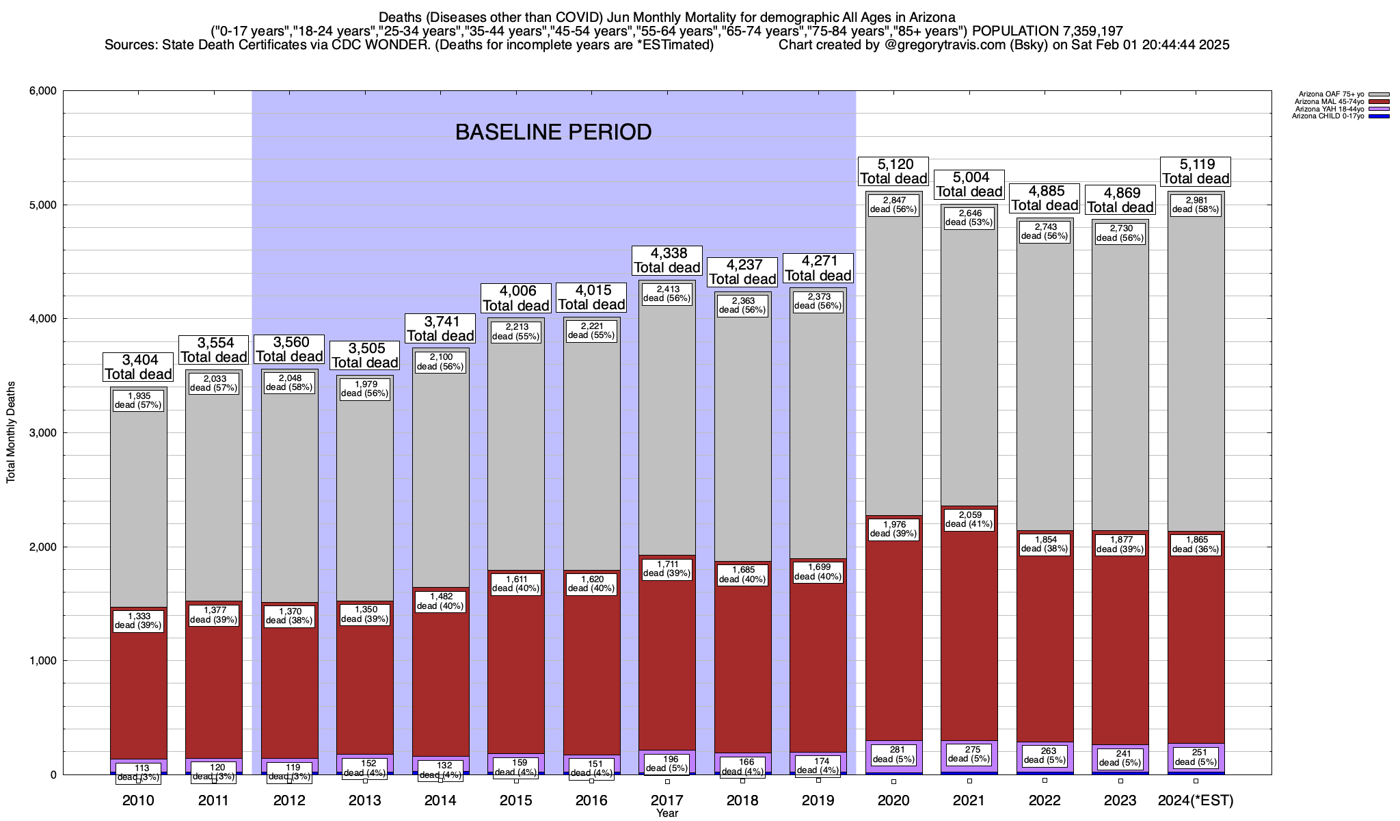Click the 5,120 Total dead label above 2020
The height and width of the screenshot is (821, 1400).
click(x=893, y=171)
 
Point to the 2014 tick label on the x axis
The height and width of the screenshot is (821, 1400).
click(x=440, y=800)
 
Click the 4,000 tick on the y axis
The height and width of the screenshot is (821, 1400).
click(x=41, y=319)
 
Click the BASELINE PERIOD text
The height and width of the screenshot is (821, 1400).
click(x=553, y=132)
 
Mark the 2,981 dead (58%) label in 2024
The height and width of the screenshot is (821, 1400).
click(x=1196, y=205)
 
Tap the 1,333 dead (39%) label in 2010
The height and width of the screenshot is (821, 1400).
click(x=138, y=621)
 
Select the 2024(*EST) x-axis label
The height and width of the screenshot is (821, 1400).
click(x=1196, y=800)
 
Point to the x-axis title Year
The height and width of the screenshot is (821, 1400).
click(x=667, y=813)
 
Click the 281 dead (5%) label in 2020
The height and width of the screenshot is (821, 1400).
click(x=893, y=754)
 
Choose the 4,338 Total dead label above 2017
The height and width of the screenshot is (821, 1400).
click(x=667, y=260)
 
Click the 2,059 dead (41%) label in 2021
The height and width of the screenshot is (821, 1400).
click(x=969, y=519)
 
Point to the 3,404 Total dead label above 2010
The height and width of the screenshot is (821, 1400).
click(x=138, y=367)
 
